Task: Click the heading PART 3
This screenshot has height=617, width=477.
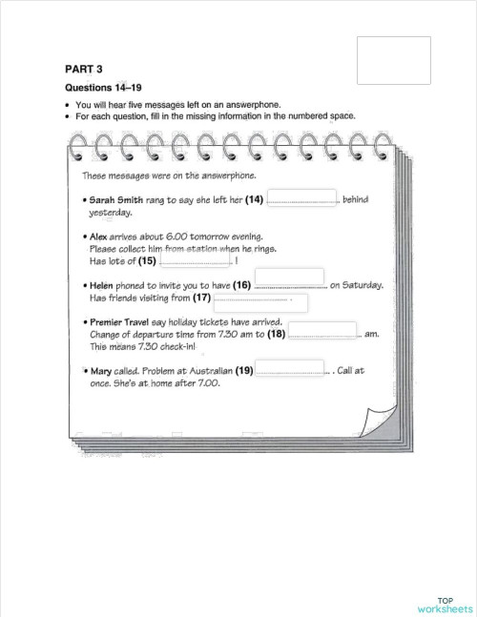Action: [83, 69]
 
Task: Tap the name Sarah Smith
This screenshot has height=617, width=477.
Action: [115, 200]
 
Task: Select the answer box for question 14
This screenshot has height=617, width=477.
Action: [301, 198]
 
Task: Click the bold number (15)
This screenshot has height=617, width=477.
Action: [147, 260]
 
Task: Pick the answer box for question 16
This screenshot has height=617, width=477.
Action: [290, 278]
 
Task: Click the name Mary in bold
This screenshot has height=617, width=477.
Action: [102, 371]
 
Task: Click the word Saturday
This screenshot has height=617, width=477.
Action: [363, 284]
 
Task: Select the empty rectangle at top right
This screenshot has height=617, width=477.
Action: [392, 60]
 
